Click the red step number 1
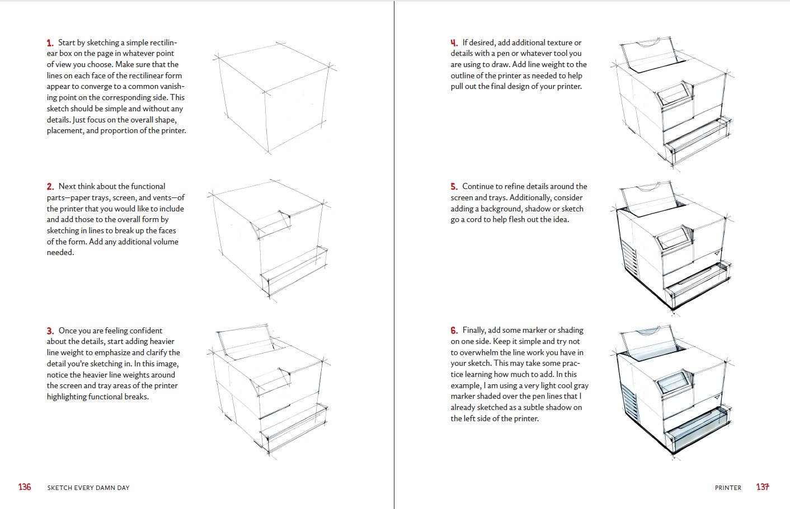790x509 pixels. [x=50, y=43]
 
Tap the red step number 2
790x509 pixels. [x=50, y=187]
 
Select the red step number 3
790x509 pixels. [x=50, y=331]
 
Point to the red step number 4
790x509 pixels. [x=454, y=43]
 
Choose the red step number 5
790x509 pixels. [x=454, y=187]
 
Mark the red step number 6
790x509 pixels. [x=454, y=331]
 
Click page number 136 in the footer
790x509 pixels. [x=25, y=487]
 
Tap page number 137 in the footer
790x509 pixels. [x=763, y=487]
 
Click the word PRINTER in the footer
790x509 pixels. [x=728, y=488]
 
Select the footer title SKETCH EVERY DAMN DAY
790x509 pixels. [x=88, y=488]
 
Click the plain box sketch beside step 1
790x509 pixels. [x=272, y=98]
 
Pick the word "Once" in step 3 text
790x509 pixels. [x=67, y=331]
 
